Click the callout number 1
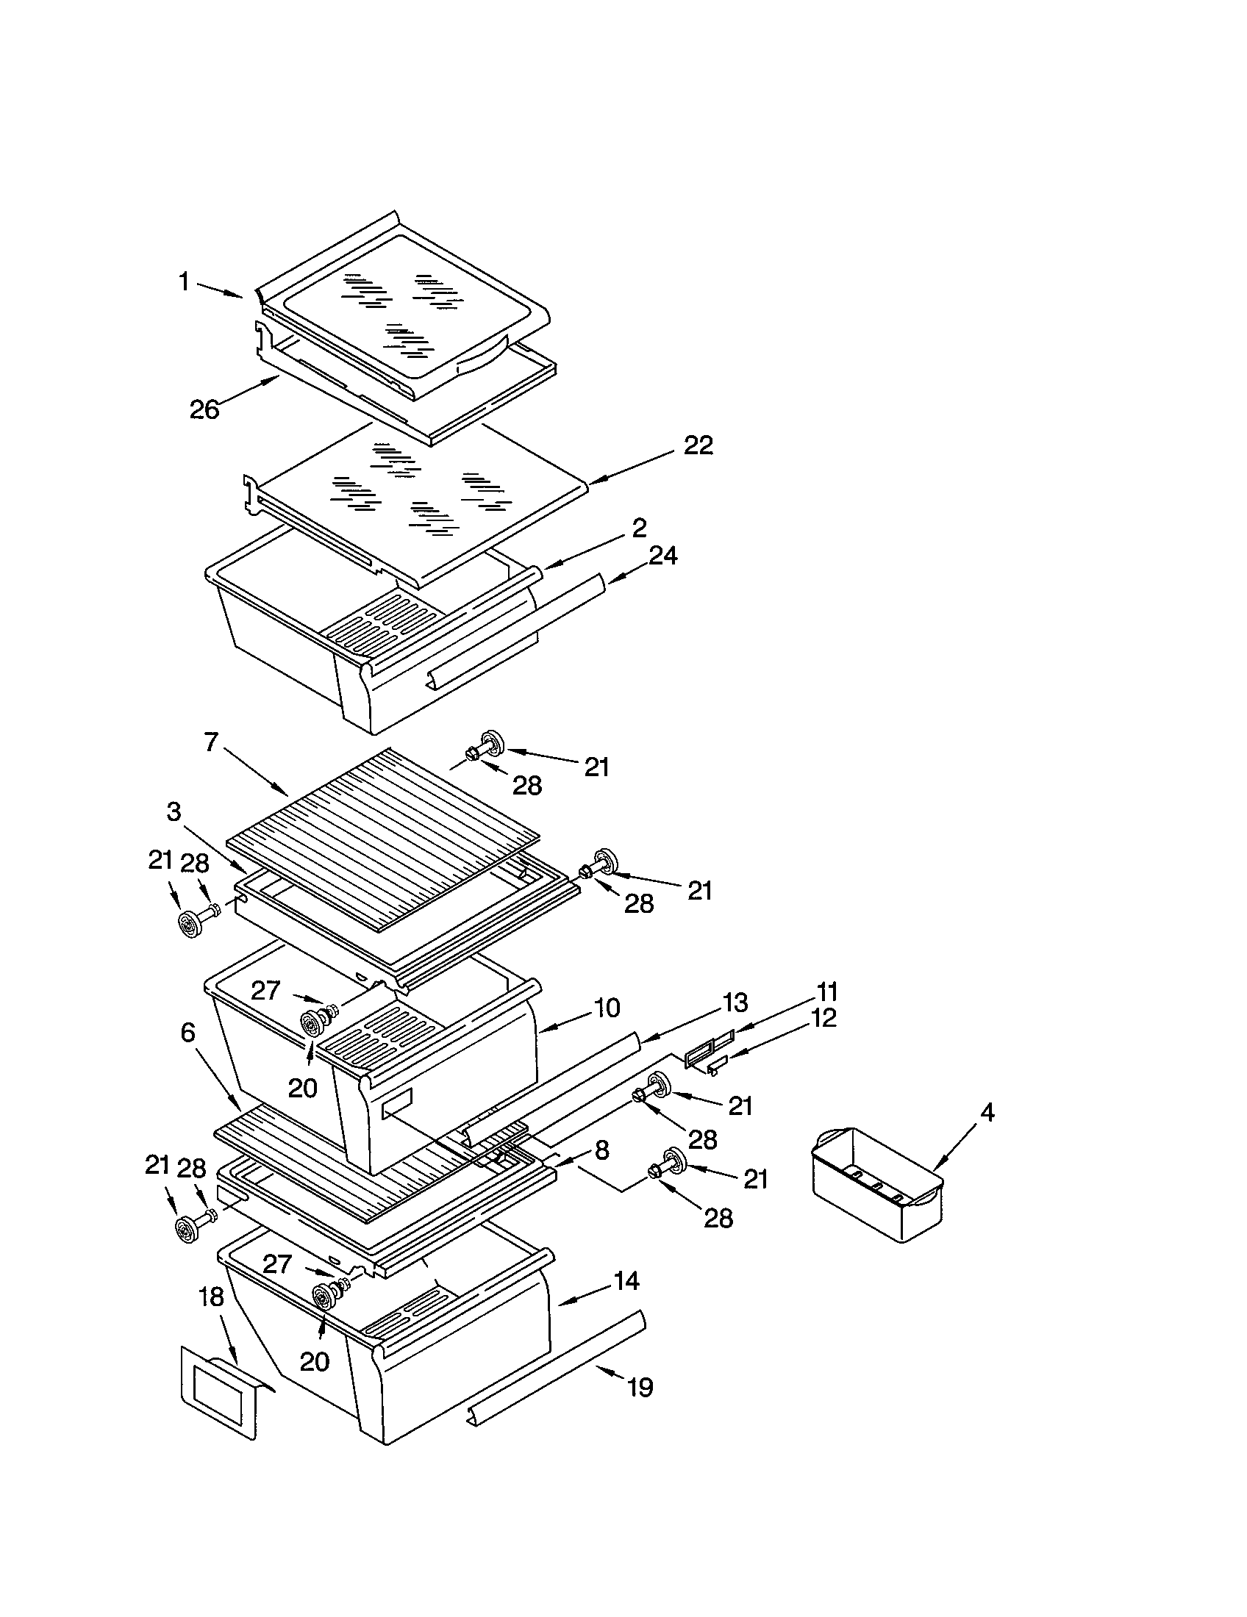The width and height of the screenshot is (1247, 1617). pos(184,282)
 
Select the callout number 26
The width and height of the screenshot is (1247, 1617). pos(205,409)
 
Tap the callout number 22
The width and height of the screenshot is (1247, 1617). pos(698,445)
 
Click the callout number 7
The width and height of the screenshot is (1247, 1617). pos(211,741)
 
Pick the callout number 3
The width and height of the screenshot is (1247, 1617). pos(174,811)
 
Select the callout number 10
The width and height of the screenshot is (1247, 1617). pos(607,1008)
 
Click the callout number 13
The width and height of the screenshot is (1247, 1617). pos(735,1003)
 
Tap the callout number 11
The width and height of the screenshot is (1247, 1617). pos(826,991)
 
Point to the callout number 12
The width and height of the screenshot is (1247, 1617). pos(823,1017)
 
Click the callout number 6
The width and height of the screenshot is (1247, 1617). pos(187,1032)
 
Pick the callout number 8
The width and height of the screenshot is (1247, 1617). pos(601,1149)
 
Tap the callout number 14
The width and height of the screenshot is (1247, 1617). pos(626,1281)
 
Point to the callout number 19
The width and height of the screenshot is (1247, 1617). pos(640,1387)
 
